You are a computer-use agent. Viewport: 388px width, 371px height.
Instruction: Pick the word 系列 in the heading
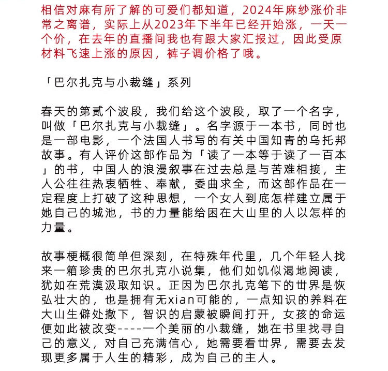click(x=177, y=82)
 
